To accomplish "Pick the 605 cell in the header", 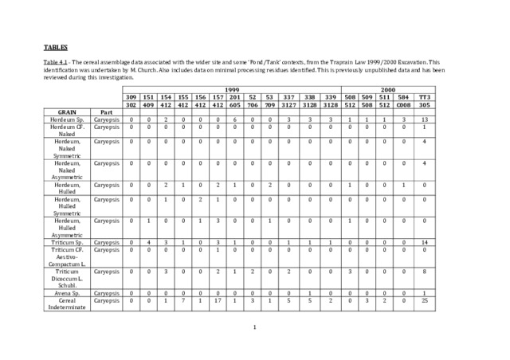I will pos(235,104).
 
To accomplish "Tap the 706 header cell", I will pos(253,104).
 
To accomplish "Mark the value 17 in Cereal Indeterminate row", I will pos(218,300).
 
